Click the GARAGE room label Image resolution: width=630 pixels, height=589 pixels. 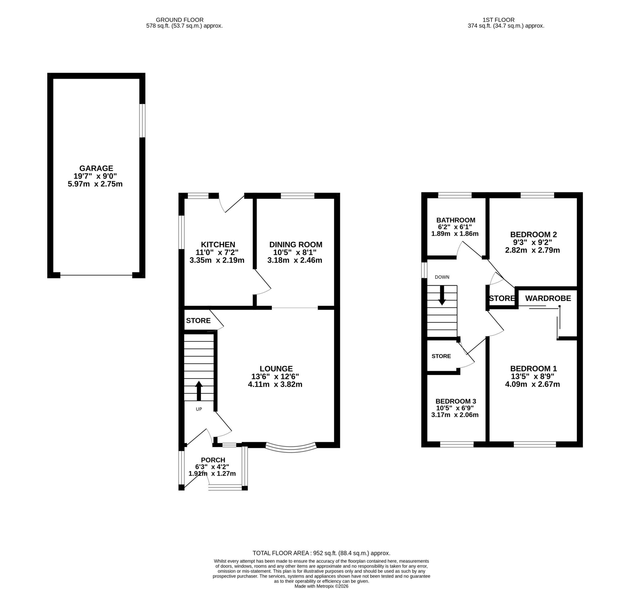[x=96, y=168]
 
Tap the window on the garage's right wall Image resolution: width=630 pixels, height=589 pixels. [x=142, y=121]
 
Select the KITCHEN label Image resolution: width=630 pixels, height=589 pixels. [x=218, y=245]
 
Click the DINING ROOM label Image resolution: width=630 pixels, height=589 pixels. [x=296, y=245]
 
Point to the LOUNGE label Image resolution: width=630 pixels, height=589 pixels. [x=276, y=369]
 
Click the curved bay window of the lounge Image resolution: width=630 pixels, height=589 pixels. [x=291, y=449]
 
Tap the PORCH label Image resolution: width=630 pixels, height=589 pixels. [x=213, y=460]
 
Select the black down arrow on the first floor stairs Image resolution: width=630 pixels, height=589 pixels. [x=442, y=295]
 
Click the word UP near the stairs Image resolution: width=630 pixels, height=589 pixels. [x=199, y=409]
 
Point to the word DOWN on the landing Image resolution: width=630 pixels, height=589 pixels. [x=442, y=277]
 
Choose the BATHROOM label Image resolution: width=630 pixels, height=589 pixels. [x=456, y=220]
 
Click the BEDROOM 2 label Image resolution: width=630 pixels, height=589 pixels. [x=533, y=234]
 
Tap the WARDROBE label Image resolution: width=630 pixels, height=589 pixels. [x=548, y=298]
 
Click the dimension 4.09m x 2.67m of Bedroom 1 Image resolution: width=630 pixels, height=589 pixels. [x=532, y=384]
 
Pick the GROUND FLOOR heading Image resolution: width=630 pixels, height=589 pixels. [x=180, y=20]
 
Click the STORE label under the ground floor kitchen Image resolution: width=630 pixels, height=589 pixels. [x=198, y=321]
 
